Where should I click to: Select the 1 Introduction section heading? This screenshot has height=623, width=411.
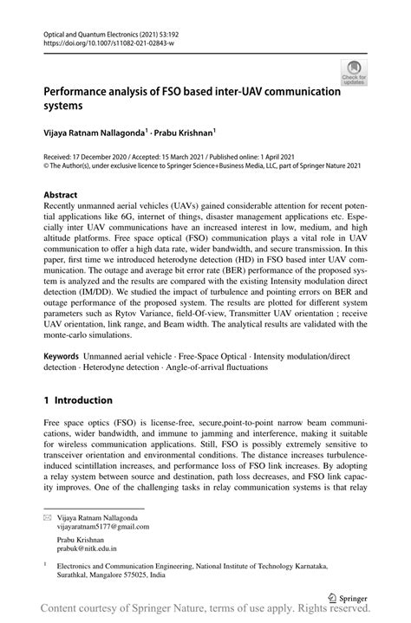pyautogui.click(x=78, y=400)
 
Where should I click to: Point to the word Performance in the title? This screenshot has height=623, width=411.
pyautogui.click(x=82, y=92)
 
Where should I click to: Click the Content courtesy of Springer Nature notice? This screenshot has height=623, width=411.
pyautogui.click(x=205, y=613)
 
